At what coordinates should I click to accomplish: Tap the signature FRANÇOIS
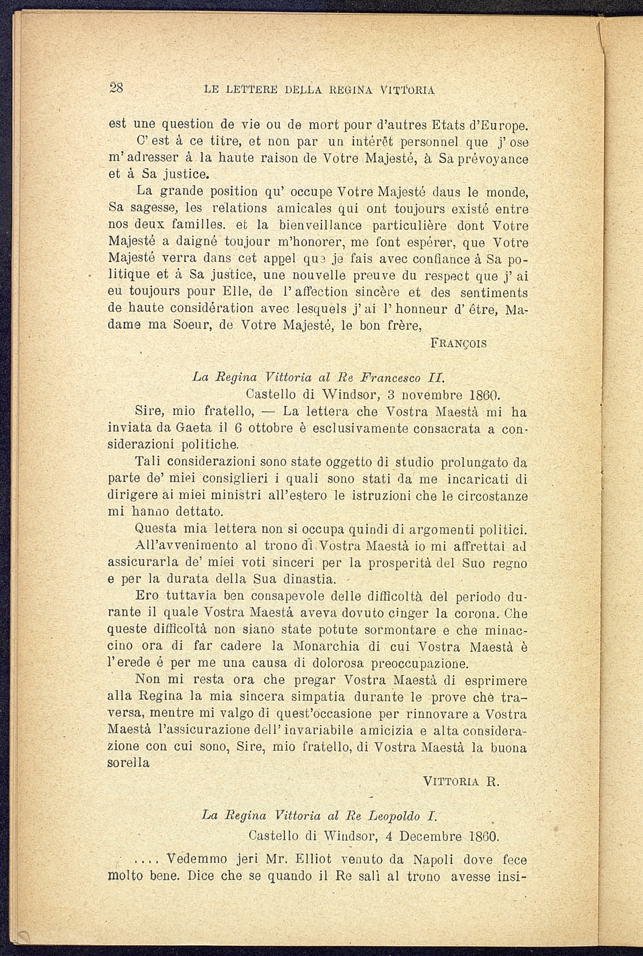(457, 344)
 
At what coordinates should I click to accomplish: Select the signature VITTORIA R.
(461, 781)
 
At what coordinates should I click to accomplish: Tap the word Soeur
(196, 326)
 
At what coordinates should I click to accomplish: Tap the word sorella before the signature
(129, 763)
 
